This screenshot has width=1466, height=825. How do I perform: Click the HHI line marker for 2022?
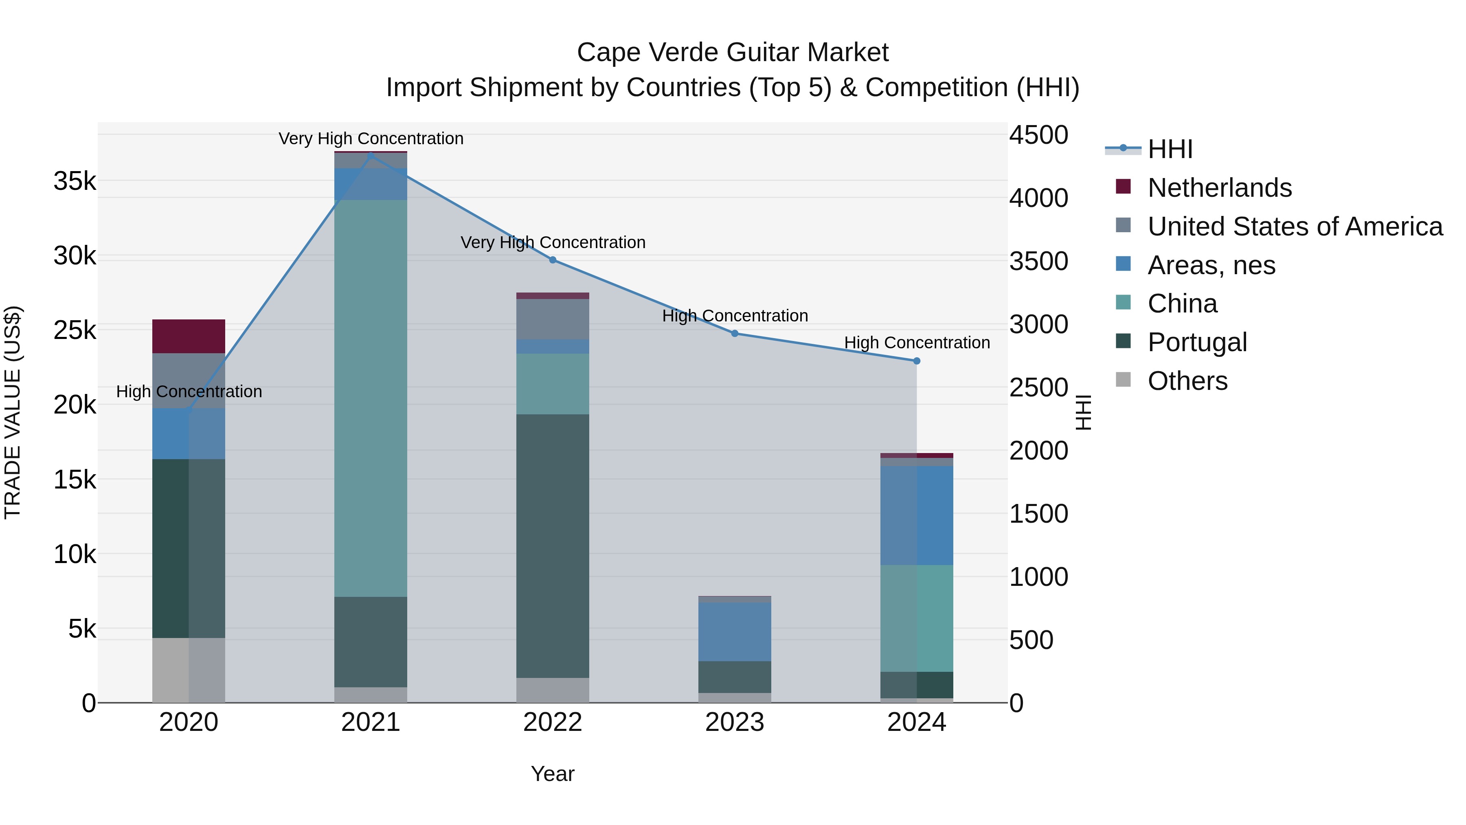coord(553,260)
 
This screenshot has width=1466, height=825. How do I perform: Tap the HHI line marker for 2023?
coord(735,334)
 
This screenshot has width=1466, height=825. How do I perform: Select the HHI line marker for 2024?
coord(917,361)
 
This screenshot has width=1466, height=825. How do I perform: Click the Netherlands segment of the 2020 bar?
coord(189,337)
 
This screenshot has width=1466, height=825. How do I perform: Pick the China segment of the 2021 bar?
coord(371,398)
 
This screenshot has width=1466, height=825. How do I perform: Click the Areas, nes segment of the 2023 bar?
coord(735,631)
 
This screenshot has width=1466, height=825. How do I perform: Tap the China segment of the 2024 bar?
coord(917,618)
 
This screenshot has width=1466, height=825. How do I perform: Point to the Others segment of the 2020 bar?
coord(189,670)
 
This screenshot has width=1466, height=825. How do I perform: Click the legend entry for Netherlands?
coord(1220,188)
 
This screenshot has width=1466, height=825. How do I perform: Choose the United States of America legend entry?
coord(1295,227)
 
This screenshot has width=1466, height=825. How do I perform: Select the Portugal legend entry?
coord(1197,342)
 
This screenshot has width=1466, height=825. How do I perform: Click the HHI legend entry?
coord(1170,149)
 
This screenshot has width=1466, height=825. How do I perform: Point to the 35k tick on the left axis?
coord(75,182)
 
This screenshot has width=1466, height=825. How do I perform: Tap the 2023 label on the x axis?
coord(735,722)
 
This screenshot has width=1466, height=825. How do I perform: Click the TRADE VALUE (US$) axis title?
coord(13,412)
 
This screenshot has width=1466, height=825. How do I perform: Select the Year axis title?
coord(553,774)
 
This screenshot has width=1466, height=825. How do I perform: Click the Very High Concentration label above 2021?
coord(371,139)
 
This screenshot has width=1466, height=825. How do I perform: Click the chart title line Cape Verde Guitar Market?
coord(733,53)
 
